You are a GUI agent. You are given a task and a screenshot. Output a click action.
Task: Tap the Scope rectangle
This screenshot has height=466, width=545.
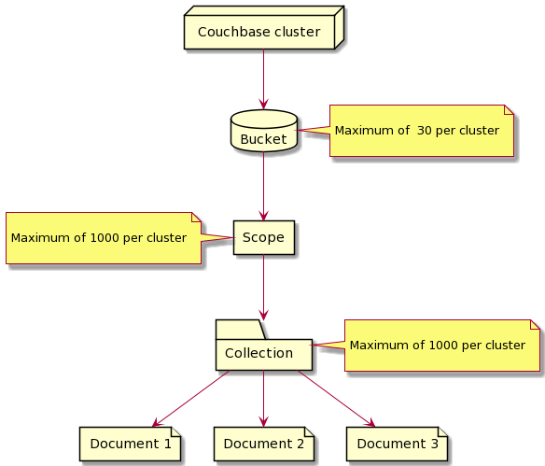[x=263, y=237]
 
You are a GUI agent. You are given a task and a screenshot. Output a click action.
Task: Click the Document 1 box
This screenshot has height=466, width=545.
[x=130, y=443]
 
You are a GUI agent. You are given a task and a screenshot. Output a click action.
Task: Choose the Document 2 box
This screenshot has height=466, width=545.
[x=263, y=443]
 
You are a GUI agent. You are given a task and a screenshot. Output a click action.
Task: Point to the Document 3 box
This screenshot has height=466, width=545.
[x=397, y=443]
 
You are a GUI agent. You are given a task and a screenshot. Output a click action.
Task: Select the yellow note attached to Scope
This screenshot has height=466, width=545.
[x=103, y=237]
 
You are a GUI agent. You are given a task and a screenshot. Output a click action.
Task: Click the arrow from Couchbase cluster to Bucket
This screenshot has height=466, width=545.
[x=264, y=79]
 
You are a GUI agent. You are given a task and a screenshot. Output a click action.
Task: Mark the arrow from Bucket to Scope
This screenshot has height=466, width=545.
[x=264, y=185]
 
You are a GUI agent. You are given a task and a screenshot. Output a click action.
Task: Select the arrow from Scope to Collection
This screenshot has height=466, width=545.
[x=264, y=287]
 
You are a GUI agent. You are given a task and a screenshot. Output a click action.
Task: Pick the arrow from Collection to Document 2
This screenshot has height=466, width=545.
[x=264, y=398]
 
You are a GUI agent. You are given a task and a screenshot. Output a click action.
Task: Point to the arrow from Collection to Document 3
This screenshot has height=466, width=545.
[x=335, y=398]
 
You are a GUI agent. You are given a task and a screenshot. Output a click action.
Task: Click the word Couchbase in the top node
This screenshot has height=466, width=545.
[x=229, y=32]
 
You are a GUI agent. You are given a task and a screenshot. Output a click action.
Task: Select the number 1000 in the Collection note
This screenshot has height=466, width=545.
[x=441, y=346]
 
